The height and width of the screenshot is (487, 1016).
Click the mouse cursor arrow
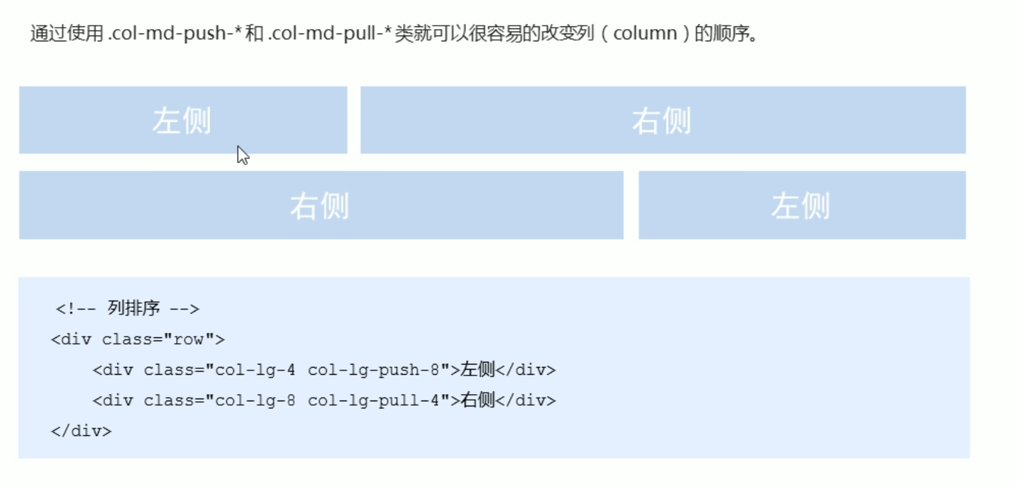tap(242, 155)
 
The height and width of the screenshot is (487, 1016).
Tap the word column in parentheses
tap(645, 33)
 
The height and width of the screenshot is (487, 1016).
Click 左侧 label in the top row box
tap(182, 121)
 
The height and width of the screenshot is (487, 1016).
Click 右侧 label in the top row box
tap(661, 121)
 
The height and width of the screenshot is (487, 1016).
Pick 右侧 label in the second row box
tap(320, 206)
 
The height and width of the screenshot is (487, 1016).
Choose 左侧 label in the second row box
tap(801, 206)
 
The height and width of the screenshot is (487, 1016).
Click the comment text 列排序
tap(133, 308)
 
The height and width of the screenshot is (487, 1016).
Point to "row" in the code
tap(189, 339)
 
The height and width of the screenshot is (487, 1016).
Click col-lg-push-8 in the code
tap(373, 370)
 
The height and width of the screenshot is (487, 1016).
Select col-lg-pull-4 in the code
tap(373, 401)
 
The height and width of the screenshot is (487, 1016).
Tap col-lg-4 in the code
tap(255, 370)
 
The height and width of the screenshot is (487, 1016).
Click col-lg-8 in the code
tap(255, 401)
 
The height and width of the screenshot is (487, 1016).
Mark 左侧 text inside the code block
tap(477, 370)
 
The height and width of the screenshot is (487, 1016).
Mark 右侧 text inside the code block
tap(477, 400)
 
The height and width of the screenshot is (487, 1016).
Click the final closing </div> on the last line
tap(81, 431)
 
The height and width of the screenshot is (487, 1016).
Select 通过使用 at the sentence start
tap(66, 33)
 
